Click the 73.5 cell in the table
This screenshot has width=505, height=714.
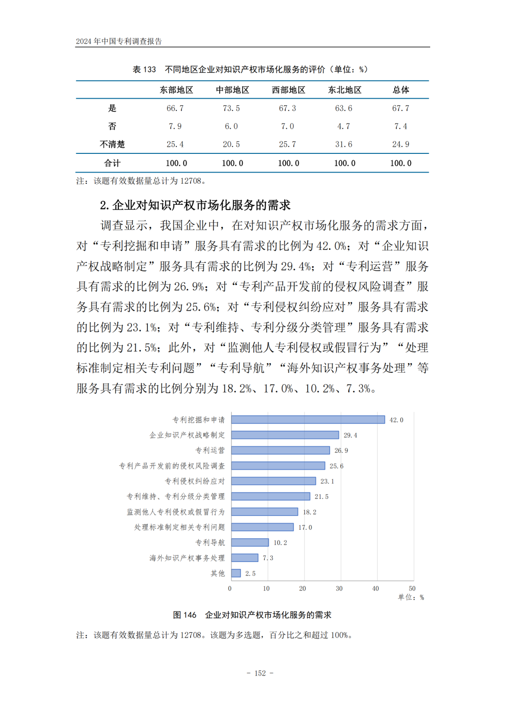point(231,108)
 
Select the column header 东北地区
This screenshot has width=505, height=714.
point(345,90)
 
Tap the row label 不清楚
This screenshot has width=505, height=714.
point(112,144)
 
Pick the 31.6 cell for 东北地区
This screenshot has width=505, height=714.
point(344,144)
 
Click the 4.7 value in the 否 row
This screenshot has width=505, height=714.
point(344,126)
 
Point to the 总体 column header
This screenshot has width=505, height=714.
point(401,90)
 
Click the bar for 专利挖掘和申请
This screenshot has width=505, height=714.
point(308,420)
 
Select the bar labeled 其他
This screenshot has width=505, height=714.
point(236,573)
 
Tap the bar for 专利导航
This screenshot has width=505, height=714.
point(250,542)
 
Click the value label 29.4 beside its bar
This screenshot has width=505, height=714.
point(350,435)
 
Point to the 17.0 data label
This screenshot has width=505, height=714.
point(305,527)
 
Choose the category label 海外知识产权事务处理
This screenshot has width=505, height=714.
point(187,558)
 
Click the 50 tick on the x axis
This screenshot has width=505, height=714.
point(412,588)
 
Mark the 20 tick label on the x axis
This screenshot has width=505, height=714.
point(303,588)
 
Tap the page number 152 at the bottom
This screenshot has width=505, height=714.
point(260,673)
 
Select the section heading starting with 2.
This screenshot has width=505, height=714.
point(195,205)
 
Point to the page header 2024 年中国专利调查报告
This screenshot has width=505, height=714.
point(119,41)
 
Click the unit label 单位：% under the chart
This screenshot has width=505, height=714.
point(411,597)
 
